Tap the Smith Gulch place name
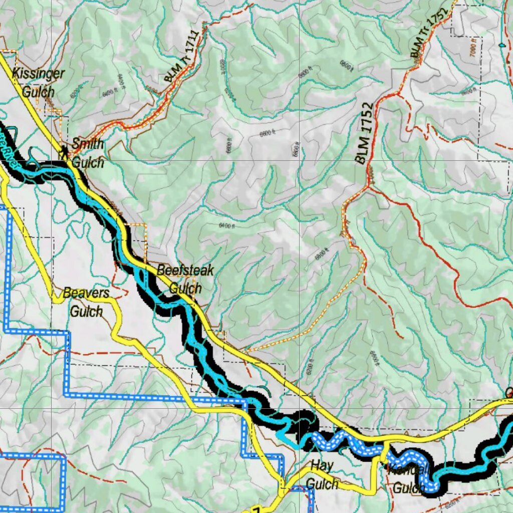tap(88, 153)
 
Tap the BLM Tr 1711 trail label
tap(181, 56)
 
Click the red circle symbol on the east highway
tap(509, 392)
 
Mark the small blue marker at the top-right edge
tap(502, 45)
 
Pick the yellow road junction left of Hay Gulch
tap(283, 485)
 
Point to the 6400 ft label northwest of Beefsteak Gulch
tap(227, 226)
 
